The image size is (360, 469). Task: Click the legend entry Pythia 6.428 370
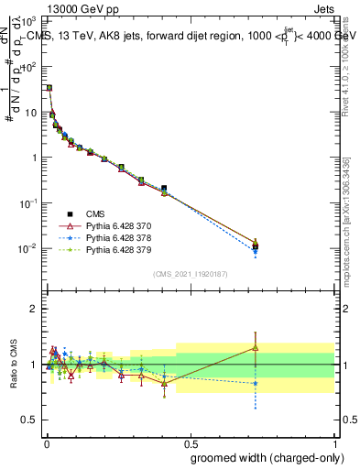pyautogui.click(x=118, y=224)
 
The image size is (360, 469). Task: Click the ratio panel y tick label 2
pyautogui.click(x=34, y=309)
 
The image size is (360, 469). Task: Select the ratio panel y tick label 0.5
pyautogui.click(x=30, y=420)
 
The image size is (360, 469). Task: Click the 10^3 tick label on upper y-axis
pyautogui.click(x=29, y=20)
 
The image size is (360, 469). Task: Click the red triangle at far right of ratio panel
pyautogui.click(x=256, y=347)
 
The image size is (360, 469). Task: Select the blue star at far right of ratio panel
pyautogui.click(x=256, y=383)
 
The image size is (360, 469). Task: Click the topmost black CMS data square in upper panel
pyautogui.click(x=49, y=88)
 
